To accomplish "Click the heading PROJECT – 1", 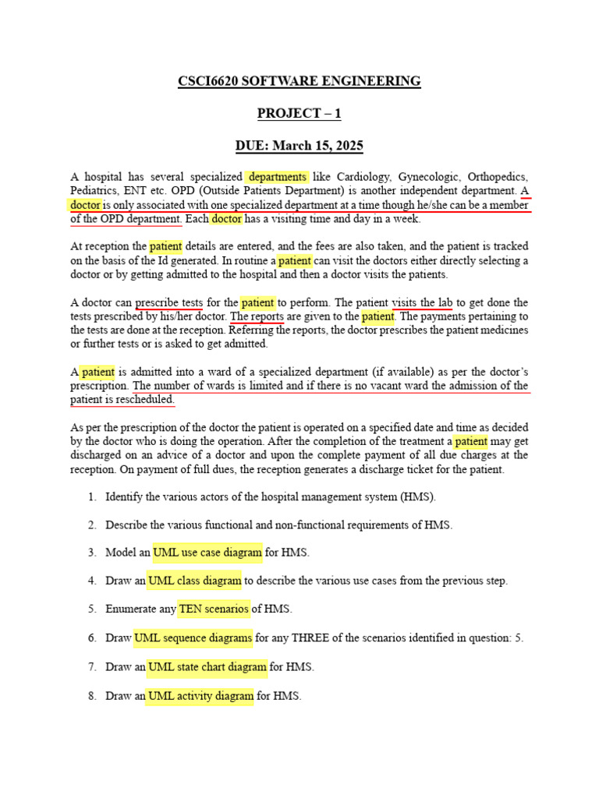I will tap(299, 114).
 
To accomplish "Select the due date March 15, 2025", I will tap(318, 146).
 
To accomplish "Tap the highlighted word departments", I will tap(277, 176).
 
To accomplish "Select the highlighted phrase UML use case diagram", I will tap(207, 553).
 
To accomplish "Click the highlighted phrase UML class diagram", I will tap(194, 581).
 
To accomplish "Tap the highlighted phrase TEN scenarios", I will tap(214, 609).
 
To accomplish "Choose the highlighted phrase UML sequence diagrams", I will tap(193, 637).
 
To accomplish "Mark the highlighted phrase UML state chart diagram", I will tap(207, 667).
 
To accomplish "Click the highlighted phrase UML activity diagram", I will tap(200, 696).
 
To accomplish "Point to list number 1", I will tap(91, 496).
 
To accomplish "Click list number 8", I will tap(91, 696).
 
